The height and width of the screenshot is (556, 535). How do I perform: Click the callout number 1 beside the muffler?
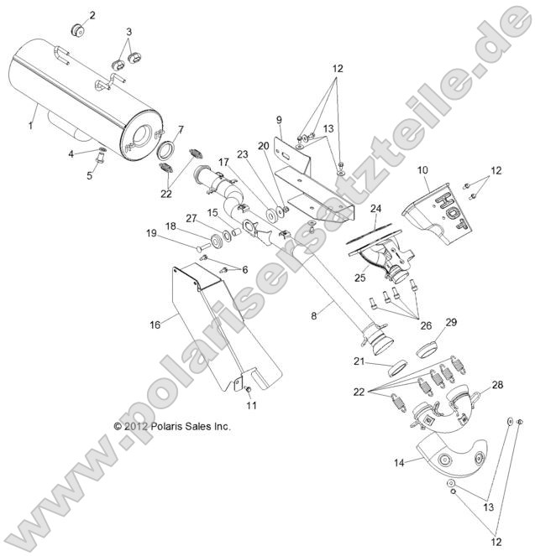(30, 125)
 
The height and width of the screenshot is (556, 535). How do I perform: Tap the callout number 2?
(92, 15)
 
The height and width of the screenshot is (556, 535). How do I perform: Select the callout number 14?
(398, 461)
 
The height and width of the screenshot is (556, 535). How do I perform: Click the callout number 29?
(451, 323)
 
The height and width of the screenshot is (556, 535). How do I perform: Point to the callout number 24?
(375, 209)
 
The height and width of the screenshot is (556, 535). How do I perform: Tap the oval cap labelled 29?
(427, 348)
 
